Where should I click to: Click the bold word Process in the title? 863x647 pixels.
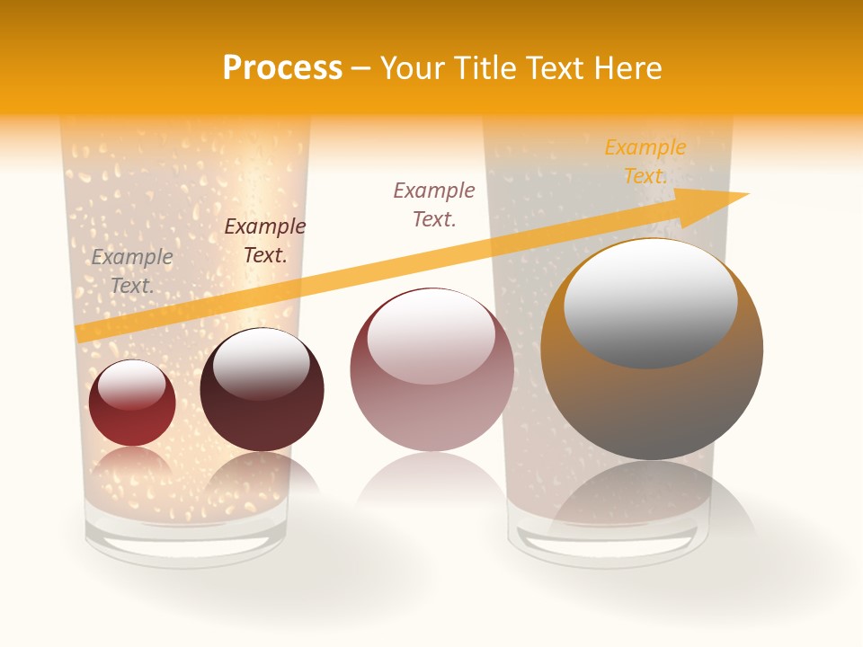(282, 68)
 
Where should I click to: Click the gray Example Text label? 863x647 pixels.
(132, 270)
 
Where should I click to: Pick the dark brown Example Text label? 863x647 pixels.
(265, 241)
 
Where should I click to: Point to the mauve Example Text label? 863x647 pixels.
(434, 204)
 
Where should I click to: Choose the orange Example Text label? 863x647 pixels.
(645, 162)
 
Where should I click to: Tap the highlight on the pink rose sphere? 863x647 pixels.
(431, 335)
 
